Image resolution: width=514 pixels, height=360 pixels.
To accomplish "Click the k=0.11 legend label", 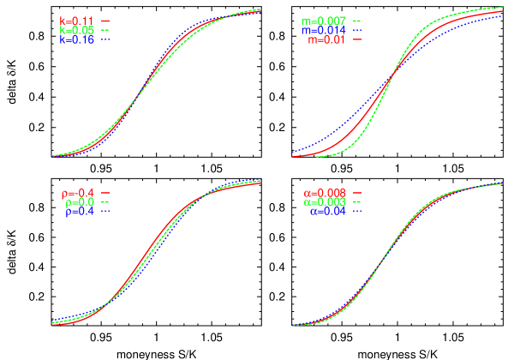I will pos(76,21).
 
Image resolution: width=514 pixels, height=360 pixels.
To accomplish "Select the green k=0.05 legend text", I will pos(76,30).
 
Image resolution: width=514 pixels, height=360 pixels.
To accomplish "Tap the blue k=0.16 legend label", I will pos(76,39).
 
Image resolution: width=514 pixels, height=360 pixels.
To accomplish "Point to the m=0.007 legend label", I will pos(324,21).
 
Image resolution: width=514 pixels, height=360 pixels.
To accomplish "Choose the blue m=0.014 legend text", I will pos(324,30).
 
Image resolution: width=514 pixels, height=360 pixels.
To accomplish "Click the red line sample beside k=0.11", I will pos(105,21).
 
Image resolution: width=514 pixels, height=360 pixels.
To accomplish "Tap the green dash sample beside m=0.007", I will pos(358,21).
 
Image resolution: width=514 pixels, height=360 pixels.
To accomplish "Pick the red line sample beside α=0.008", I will pos(358,193).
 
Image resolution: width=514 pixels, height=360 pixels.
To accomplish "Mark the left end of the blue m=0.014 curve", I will pos(292,152).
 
